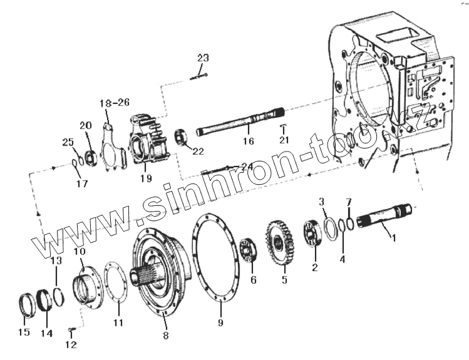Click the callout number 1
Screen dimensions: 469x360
(394, 238)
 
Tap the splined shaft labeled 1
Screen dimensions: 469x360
(383, 217)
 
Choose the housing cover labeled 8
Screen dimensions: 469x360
(159, 270)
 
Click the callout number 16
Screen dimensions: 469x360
(249, 141)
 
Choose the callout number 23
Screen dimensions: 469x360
(202, 58)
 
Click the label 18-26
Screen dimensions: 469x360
(115, 102)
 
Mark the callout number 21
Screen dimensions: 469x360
(285, 139)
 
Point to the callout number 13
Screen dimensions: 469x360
(56, 260)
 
